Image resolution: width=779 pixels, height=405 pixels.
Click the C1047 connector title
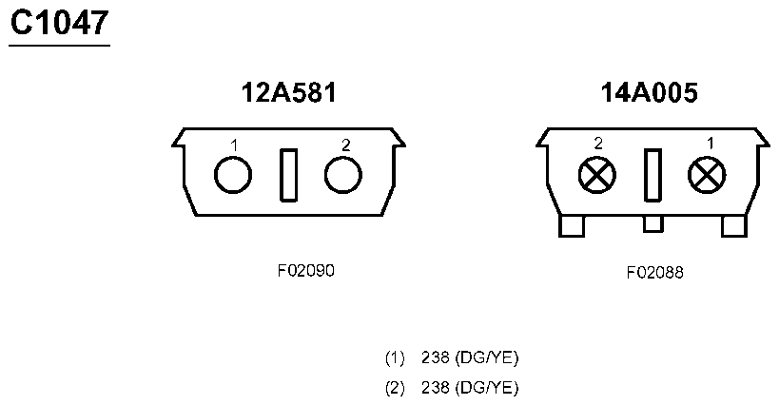(60, 23)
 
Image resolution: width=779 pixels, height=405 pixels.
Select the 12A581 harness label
(288, 92)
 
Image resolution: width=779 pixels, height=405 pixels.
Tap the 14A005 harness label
(650, 92)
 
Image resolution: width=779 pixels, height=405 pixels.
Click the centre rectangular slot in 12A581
(288, 175)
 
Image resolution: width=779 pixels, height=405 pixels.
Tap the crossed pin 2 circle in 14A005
(597, 175)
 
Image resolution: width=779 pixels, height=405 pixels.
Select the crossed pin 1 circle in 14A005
(707, 175)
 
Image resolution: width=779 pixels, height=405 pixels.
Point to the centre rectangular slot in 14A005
(652, 175)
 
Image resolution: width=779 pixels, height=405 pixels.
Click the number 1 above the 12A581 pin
(235, 145)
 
